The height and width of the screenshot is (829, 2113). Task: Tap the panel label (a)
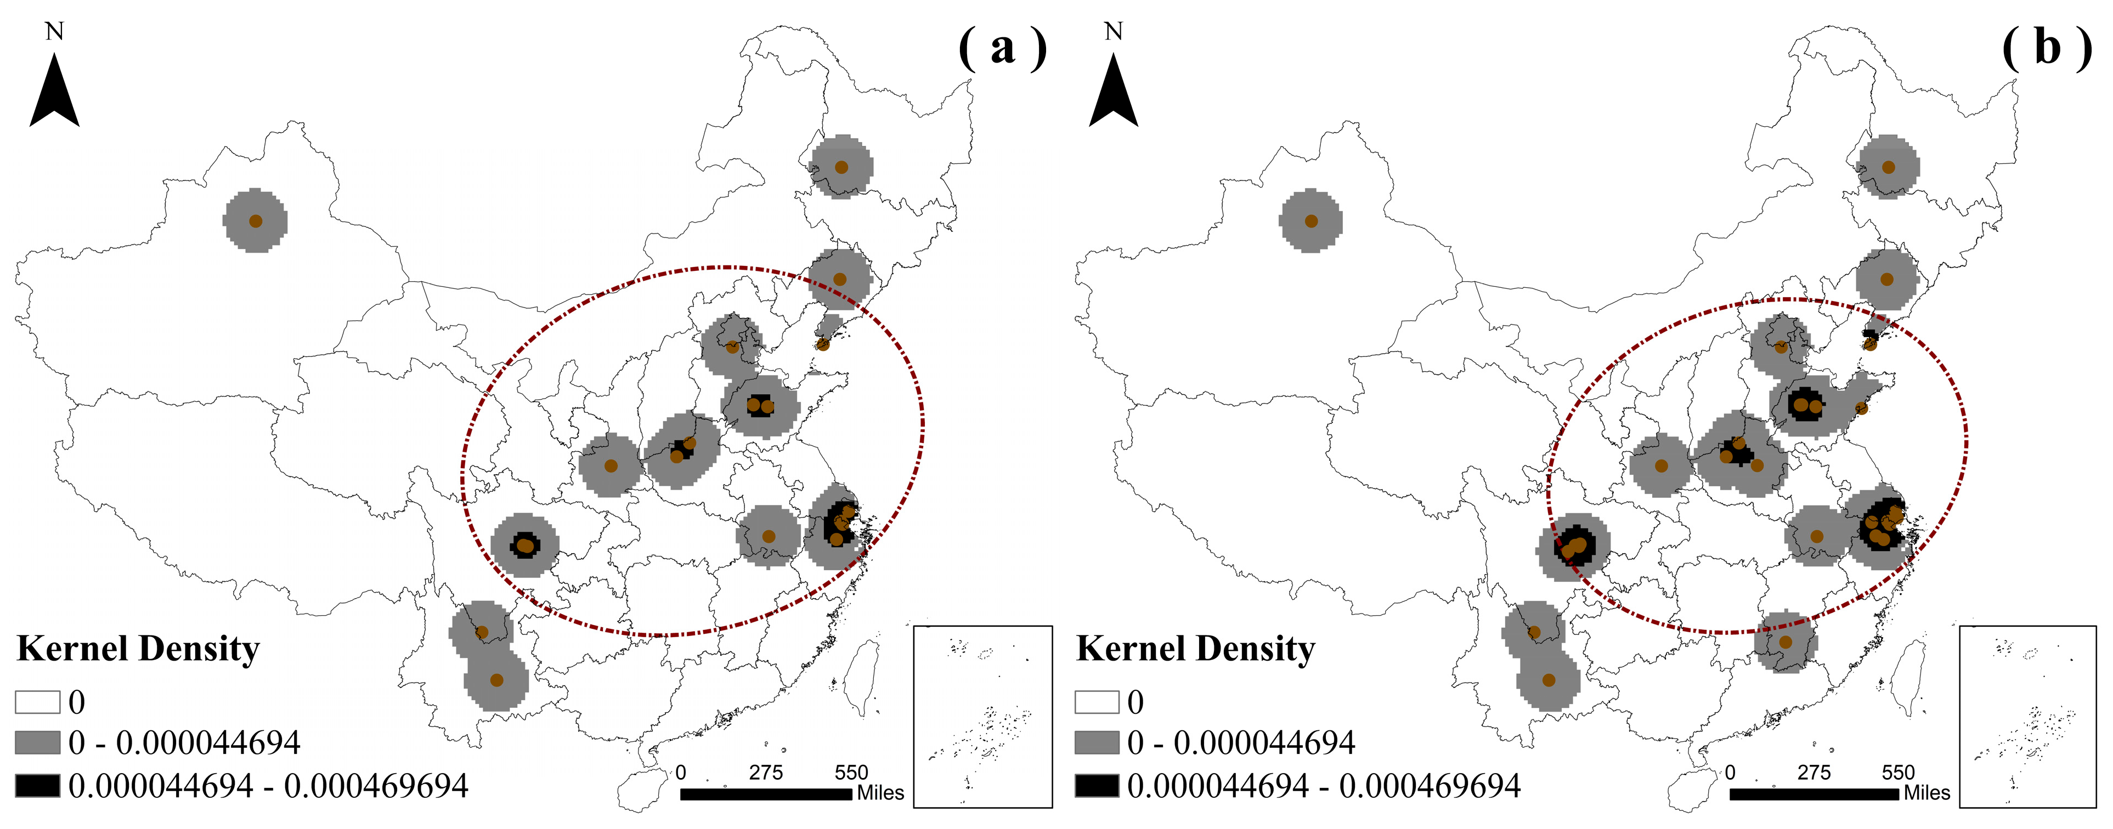tap(1002, 48)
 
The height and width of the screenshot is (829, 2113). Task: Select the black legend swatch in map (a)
tap(38, 786)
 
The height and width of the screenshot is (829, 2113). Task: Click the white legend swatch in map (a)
tap(38, 702)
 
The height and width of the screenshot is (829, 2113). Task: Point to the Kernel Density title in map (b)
tap(1195, 649)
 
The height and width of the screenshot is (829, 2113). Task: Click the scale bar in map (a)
tap(765, 794)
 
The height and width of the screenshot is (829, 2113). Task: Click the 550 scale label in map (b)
tap(1898, 773)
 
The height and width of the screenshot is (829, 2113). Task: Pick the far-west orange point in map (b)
tap(1311, 220)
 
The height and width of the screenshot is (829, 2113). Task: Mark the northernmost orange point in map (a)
tap(841, 167)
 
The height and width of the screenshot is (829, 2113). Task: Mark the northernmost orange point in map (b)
tap(1888, 167)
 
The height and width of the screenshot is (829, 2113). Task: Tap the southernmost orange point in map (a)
tap(496, 680)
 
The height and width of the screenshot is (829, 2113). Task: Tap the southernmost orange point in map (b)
tap(1549, 680)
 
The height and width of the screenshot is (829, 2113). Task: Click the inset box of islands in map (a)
tap(982, 717)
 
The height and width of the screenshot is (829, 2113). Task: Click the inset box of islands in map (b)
tap(2027, 717)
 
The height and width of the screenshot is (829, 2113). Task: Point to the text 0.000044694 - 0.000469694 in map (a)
tap(268, 786)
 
